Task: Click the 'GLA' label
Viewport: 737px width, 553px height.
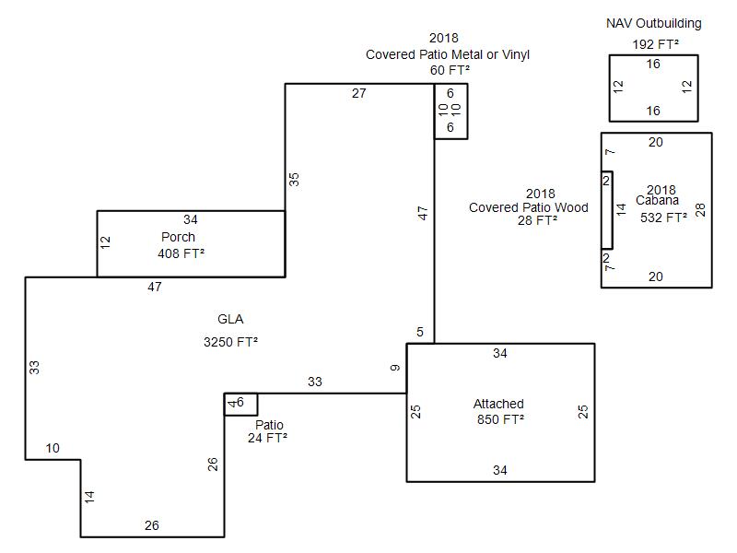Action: [x=230, y=320]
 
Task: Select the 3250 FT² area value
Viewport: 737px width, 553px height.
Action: [x=230, y=342]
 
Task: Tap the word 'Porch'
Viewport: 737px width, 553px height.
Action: [x=178, y=237]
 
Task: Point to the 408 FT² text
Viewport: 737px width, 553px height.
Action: [x=181, y=253]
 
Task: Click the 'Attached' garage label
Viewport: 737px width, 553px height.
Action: [x=498, y=404]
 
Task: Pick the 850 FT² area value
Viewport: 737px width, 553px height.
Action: [x=498, y=419]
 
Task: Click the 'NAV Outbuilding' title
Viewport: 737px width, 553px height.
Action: [x=653, y=23]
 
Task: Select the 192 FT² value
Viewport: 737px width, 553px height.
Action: [x=655, y=44]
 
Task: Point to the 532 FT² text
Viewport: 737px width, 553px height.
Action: [x=663, y=218]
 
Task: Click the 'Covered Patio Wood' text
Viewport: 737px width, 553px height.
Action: [x=528, y=207]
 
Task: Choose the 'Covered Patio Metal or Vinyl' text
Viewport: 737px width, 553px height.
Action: [x=448, y=54]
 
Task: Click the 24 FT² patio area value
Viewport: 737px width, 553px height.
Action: [x=267, y=439]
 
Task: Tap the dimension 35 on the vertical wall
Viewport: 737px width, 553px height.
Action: [x=294, y=179]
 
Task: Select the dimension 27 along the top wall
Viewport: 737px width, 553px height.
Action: [x=359, y=93]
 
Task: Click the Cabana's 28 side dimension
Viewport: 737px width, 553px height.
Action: [x=701, y=209]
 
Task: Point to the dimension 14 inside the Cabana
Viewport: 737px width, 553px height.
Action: [x=621, y=209]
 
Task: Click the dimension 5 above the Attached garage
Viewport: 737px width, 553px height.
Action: [x=420, y=333]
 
